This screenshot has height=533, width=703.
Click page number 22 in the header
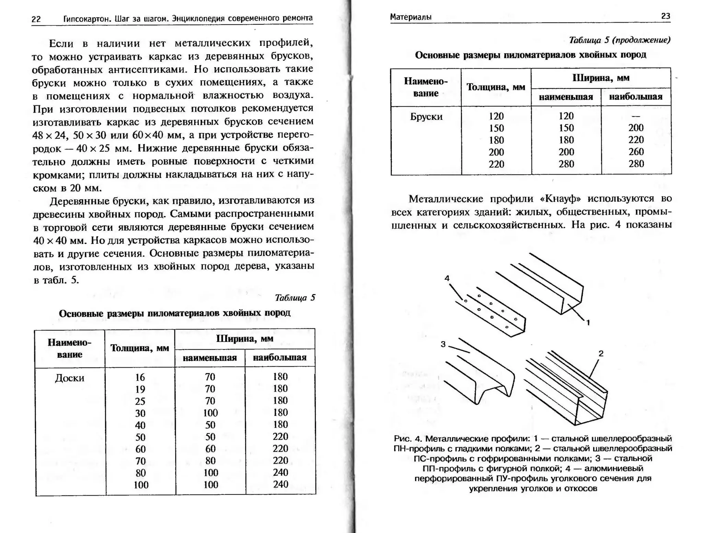[x=36, y=19]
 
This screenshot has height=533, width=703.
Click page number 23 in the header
[x=665, y=16]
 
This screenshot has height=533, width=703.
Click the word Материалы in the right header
[x=411, y=17]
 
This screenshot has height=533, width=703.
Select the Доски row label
[x=69, y=378]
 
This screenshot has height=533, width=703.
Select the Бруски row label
[x=426, y=117]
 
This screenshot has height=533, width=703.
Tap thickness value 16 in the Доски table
[x=140, y=377]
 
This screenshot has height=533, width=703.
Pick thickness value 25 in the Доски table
[x=140, y=401]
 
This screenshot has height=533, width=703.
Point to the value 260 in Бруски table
[x=636, y=152]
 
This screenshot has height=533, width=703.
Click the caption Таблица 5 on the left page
[x=295, y=297]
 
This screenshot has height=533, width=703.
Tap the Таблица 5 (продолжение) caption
[x=619, y=40]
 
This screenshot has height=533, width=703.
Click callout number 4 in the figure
[x=447, y=278]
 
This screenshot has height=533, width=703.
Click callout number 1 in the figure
[x=588, y=322]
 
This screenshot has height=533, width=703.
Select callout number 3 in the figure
[x=443, y=344]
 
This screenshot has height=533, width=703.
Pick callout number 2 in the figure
[x=601, y=353]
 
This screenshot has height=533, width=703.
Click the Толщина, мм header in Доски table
[x=140, y=348]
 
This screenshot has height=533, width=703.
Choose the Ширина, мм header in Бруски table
[x=601, y=78]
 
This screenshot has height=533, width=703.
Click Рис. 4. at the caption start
[x=407, y=439]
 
